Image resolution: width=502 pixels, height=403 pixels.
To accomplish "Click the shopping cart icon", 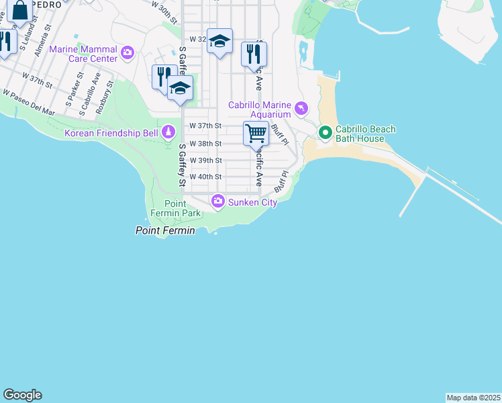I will [x=256, y=133].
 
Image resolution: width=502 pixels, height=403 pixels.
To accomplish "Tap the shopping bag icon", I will [x=20, y=10].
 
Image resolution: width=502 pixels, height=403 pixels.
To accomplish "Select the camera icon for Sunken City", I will [x=218, y=200].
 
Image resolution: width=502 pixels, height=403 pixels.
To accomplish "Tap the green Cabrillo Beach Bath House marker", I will [x=325, y=132].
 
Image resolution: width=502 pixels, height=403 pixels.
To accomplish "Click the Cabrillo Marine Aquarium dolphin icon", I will [x=301, y=107].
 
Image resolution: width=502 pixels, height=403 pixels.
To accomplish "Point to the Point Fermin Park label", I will [x=183, y=208].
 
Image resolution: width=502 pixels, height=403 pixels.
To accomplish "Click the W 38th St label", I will [x=205, y=144].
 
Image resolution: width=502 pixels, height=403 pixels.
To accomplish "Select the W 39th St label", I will [x=205, y=161].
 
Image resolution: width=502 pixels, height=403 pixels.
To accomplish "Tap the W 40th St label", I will [x=205, y=177].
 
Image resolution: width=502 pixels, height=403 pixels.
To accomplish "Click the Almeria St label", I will [x=44, y=41].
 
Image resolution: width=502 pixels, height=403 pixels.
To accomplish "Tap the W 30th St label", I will [x=164, y=13].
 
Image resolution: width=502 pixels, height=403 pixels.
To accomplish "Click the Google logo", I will [x=22, y=395].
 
